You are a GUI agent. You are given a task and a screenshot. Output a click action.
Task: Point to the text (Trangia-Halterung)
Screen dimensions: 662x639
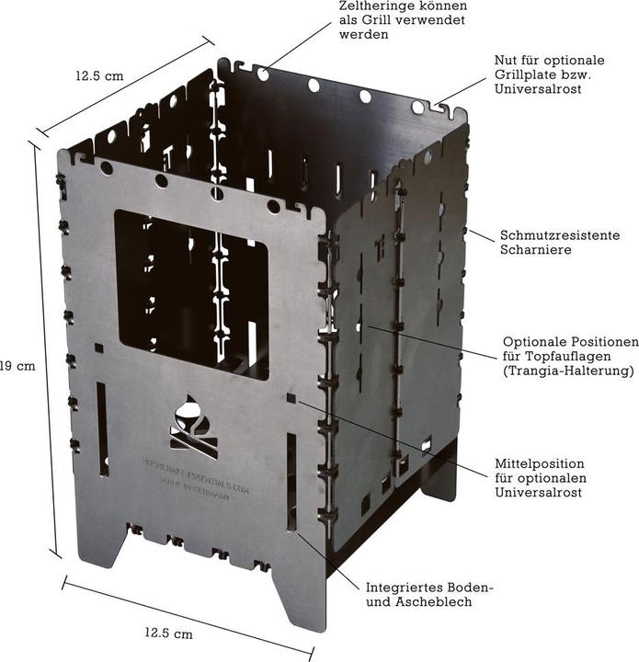click(569, 371)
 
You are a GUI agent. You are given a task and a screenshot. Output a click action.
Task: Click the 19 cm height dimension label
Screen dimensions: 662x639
click(17, 365)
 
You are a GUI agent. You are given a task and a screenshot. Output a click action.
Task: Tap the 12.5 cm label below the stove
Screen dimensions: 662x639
click(168, 633)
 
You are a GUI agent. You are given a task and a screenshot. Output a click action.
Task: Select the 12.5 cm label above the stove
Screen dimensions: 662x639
click(99, 76)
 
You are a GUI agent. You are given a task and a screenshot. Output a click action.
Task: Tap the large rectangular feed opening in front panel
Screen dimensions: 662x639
click(190, 293)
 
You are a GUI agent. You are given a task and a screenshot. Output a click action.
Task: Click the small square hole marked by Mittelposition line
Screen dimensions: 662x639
click(291, 398)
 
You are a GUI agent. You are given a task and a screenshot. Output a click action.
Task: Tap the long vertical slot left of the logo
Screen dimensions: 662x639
click(102, 429)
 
